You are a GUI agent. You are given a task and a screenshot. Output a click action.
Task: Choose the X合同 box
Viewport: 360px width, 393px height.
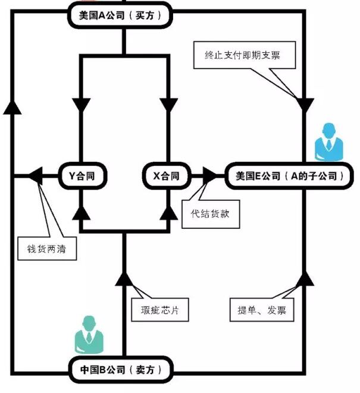tap(166, 176)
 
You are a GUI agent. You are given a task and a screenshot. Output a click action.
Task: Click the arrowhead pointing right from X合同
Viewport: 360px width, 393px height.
tap(211, 175)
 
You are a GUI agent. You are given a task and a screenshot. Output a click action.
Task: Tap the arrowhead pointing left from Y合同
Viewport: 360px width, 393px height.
tap(35, 175)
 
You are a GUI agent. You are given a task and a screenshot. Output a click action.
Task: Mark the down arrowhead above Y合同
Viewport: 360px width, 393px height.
tap(80, 104)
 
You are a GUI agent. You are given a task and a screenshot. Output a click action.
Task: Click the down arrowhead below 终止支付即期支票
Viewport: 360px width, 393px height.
tap(305, 104)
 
